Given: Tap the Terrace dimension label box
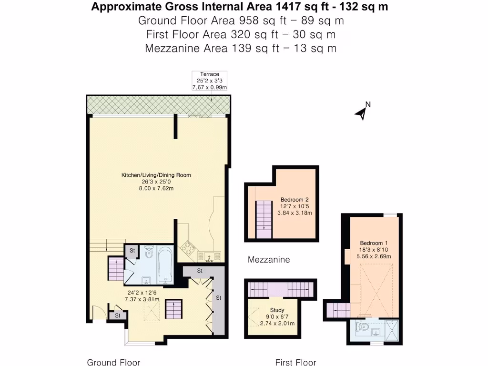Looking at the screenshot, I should [209, 81].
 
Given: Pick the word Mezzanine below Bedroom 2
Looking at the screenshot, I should [269, 260].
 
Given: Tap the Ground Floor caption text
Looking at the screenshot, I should [113, 362].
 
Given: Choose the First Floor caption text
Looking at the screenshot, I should [295, 362].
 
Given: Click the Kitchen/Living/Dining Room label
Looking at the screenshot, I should [156, 175].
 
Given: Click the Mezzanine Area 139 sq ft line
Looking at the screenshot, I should [241, 48].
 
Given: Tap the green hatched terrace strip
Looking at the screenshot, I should [158, 105].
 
